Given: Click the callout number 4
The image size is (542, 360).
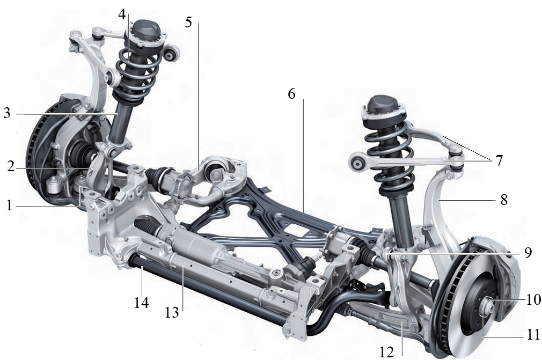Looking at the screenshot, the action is tap(122, 14).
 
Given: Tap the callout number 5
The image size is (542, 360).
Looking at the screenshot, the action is tap(188, 23).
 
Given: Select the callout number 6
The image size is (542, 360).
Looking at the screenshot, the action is tap(292, 94).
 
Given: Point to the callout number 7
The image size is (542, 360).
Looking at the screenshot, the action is tap(499, 160).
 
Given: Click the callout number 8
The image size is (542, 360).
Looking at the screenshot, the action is tap(504, 200).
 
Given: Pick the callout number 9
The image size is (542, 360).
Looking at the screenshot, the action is tap(528, 253).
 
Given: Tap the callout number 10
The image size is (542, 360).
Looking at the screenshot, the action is tap(533, 299).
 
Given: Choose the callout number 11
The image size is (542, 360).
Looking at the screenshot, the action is tap(533, 334).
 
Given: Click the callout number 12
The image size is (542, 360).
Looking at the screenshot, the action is tap(386, 352).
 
